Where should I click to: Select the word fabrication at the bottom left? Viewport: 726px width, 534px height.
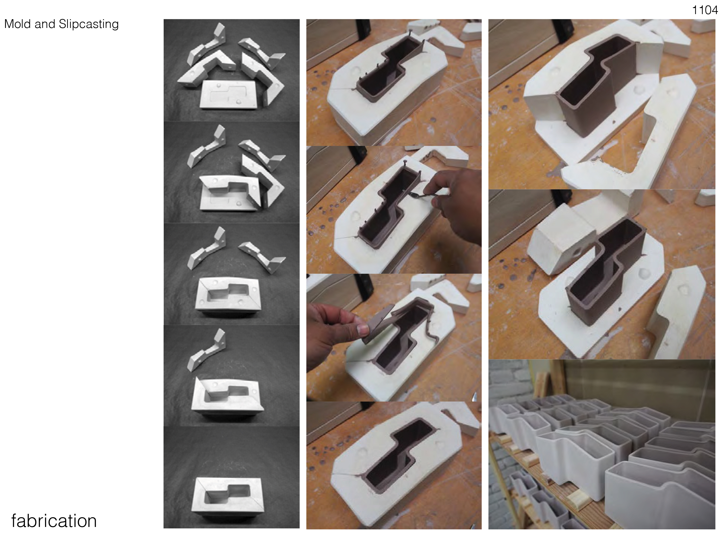[x=54, y=521]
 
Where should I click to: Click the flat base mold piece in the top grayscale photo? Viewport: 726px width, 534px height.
[x=230, y=94]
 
